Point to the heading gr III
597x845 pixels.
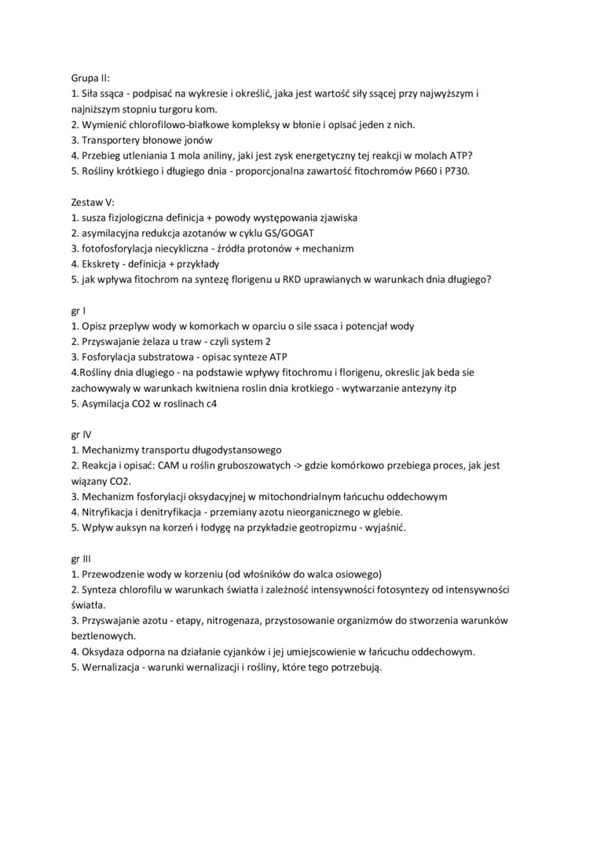(x=82, y=558)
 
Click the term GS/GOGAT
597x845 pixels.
(x=285, y=233)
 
